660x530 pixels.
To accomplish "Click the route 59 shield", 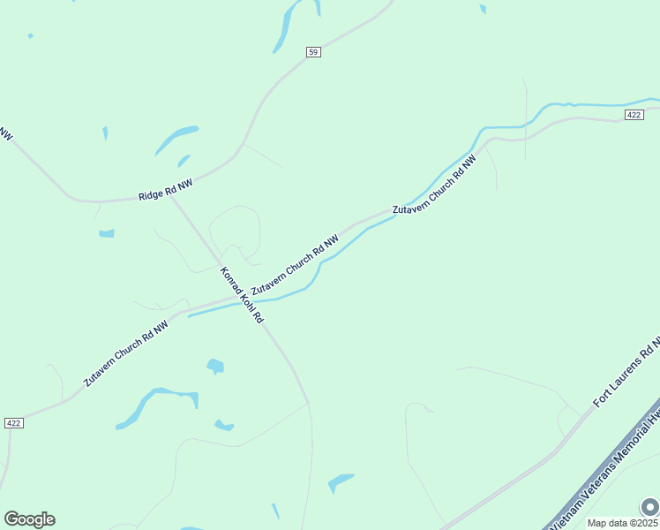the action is tap(313, 52).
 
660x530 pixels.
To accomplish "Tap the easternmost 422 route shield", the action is tap(633, 115).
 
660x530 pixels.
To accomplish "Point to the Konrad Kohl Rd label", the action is tap(242, 295).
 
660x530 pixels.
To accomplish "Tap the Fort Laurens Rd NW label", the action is tap(627, 371).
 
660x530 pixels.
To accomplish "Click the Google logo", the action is tap(29, 519).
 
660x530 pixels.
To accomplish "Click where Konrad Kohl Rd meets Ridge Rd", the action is tap(169, 193).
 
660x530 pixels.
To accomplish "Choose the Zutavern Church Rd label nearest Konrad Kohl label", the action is tap(295, 265).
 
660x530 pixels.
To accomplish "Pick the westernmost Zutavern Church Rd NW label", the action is tap(126, 352).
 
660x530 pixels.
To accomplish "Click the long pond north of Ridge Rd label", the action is tap(176, 140).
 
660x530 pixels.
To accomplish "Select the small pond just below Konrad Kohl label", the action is tap(215, 365).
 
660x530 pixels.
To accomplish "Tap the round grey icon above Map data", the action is tap(649, 507).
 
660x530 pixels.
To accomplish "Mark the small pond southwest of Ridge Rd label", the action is tap(107, 233).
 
